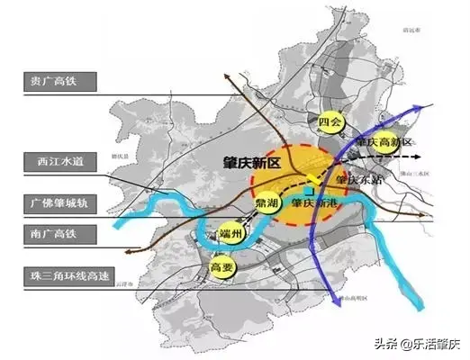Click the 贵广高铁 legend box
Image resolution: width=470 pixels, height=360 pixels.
pyautogui.click(x=53, y=80)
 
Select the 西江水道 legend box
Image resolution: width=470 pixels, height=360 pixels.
pyautogui.click(x=53, y=159)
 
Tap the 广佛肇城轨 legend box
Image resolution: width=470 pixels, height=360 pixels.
pyautogui.click(x=53, y=198)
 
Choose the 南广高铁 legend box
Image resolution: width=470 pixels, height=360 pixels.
pyautogui.click(x=53, y=235)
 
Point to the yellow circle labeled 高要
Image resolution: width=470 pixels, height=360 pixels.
pyautogui.click(x=221, y=267)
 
